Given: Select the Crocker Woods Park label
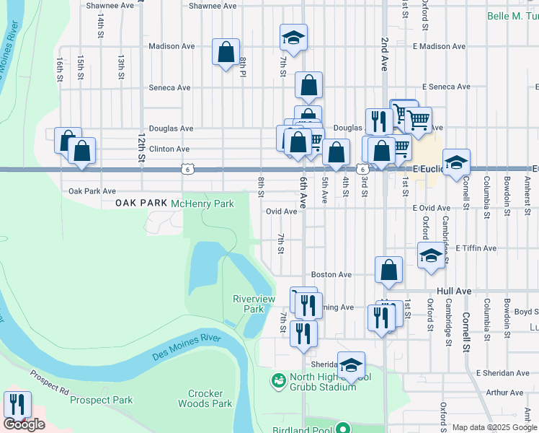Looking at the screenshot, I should pyautogui.click(x=210, y=399).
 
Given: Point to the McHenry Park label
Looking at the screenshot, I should pyautogui.click(x=202, y=204).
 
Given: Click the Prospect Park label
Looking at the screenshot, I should pyautogui.click(x=102, y=400).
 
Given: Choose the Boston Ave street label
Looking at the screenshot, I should pyautogui.click(x=331, y=275).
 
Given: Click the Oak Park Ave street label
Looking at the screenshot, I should pyautogui.click(x=92, y=192).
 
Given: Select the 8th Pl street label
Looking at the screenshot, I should pyautogui.click(x=244, y=68).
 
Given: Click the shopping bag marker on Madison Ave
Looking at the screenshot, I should pyautogui.click(x=226, y=52).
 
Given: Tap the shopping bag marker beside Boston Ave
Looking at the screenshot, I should pyautogui.click(x=388, y=271).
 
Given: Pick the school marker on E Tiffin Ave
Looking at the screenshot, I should pyautogui.click(x=431, y=255).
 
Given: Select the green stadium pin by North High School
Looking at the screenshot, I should pyautogui.click(x=277, y=379).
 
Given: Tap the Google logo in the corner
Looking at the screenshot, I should pyautogui.click(x=24, y=424).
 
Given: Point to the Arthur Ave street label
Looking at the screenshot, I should pyautogui.click(x=505, y=393).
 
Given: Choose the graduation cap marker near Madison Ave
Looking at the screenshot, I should pyautogui.click(x=293, y=38).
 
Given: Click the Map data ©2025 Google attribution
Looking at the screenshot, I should pyautogui.click(x=494, y=427).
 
